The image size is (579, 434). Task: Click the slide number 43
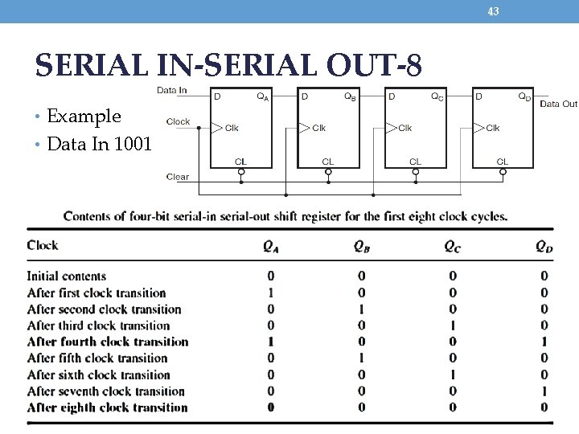493,11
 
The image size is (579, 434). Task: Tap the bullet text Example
84,117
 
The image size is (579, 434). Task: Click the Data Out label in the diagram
558,104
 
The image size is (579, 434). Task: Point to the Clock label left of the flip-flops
179,122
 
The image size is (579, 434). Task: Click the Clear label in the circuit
178,177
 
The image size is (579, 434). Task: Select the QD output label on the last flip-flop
524,97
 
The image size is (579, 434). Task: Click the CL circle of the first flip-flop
240,171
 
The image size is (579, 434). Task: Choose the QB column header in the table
361,246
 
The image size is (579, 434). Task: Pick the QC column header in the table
453,246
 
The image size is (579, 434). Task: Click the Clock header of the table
43,245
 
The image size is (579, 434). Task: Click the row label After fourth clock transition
108,342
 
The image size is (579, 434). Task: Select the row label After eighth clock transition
107,407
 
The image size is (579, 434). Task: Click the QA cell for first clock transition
271,293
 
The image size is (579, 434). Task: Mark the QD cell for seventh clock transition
544,391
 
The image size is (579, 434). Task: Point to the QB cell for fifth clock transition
362,358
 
